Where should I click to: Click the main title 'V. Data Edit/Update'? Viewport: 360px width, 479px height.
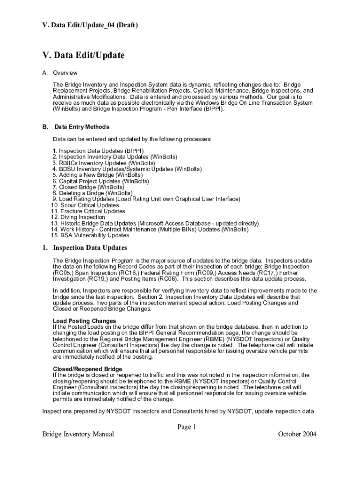[x=84, y=56]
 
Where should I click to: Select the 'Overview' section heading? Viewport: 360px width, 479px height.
[x=65, y=73]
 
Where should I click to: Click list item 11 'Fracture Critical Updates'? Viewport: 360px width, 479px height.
[x=88, y=211]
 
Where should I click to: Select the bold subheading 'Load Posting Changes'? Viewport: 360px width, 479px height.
[x=85, y=321]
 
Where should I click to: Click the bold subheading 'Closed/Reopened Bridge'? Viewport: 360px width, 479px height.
[x=87, y=369]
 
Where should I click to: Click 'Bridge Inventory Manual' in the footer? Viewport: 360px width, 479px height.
[x=78, y=435]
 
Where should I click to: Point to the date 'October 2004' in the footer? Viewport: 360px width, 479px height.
[x=297, y=435]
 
